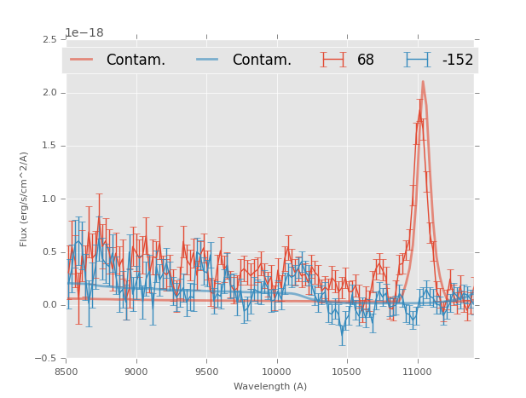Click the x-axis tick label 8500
pyautogui.click(x=66, y=372)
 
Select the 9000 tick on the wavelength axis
pyautogui.click(x=136, y=372)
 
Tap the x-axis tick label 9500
pyautogui.click(x=206, y=372)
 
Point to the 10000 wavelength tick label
pyautogui.click(x=276, y=372)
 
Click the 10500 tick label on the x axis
pyautogui.click(x=347, y=372)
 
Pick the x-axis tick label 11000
pyautogui.click(x=417, y=372)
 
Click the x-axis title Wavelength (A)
pyautogui.click(x=270, y=386)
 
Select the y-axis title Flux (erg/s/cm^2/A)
pyautogui.click(x=25, y=199)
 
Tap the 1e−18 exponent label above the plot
pyautogui.click(x=84, y=33)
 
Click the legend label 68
pyautogui.click(x=366, y=60)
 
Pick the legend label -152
pyautogui.click(x=457, y=60)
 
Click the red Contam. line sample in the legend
pyautogui.click(x=83, y=59)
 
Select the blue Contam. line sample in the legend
pyautogui.click(x=209, y=59)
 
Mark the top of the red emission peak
pyautogui.click(x=423, y=82)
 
